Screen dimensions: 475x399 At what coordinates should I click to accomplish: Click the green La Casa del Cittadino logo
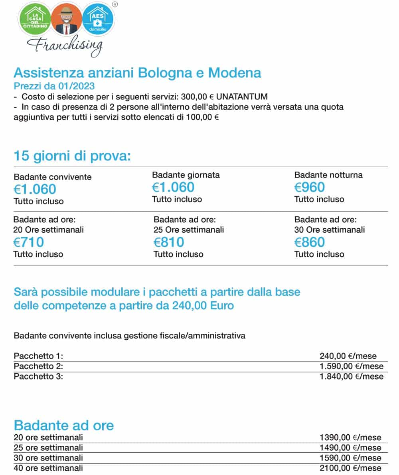tap(35, 19)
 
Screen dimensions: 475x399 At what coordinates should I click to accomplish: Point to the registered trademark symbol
tap(115, 4)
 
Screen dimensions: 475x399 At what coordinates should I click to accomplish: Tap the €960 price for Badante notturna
tap(310, 187)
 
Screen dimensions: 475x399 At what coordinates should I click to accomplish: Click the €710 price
tap(29, 242)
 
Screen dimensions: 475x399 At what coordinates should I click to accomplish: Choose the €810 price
tap(169, 242)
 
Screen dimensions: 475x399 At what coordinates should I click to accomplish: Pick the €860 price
tap(310, 242)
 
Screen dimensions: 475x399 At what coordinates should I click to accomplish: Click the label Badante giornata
tap(186, 175)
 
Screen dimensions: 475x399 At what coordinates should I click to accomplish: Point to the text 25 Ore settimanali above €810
tap(189, 230)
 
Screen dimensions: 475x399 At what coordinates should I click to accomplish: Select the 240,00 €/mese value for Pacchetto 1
tap(348, 356)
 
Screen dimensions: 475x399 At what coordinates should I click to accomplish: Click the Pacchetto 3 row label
tap(38, 376)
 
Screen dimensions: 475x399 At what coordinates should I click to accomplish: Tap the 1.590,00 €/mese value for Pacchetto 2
tap(351, 366)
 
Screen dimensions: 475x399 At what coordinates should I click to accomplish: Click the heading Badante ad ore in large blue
tap(64, 425)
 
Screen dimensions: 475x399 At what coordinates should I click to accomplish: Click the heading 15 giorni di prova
tap(72, 156)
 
